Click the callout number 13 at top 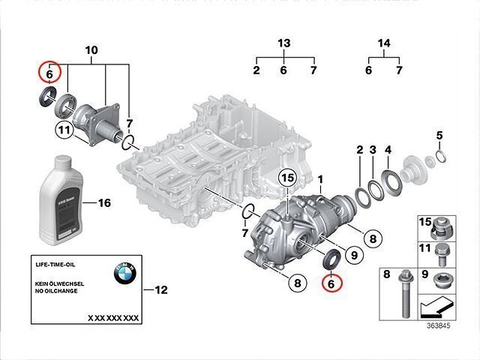pos(283,43)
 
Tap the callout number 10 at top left pos(91,50)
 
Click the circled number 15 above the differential pos(287,178)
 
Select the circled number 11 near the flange pos(64,131)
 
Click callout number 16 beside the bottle pos(104,203)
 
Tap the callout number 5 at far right pos(439,136)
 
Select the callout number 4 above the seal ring pos(388,150)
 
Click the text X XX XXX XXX pos(113,318)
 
